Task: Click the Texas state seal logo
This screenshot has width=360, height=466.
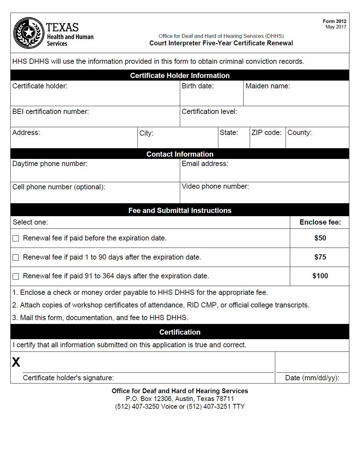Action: [29, 33]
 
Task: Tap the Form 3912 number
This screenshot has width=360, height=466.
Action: [334, 21]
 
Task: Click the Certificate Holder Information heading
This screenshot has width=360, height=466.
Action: [180, 75]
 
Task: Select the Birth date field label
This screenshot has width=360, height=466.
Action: [198, 86]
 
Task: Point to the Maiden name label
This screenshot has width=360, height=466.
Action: [268, 86]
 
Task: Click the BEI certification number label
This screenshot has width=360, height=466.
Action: [50, 112]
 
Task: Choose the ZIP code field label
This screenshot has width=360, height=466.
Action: [267, 133]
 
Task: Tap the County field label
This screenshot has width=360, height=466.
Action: [300, 133]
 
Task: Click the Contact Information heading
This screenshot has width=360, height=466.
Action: [180, 154]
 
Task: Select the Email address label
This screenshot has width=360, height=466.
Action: [205, 164]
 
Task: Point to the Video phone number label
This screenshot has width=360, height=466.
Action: [215, 186]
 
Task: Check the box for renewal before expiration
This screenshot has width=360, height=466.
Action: [16, 239]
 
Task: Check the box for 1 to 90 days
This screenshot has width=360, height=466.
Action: [16, 258]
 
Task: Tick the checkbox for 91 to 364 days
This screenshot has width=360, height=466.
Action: [16, 276]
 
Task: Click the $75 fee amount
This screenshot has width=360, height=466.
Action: [320, 257]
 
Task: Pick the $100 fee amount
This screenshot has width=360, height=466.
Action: [320, 276]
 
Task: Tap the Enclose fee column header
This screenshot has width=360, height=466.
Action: [320, 222]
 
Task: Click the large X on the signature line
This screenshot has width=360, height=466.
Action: [16, 362]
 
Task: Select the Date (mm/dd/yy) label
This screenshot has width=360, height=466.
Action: [312, 378]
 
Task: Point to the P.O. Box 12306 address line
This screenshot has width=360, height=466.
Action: [180, 399]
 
